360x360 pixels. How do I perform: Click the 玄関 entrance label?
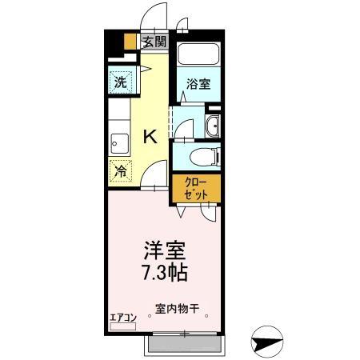pyautogui.click(x=154, y=42)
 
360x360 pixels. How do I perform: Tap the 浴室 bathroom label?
pyautogui.click(x=200, y=83)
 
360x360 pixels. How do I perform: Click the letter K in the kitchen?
pyautogui.click(x=149, y=137)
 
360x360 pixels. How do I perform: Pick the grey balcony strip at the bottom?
pyautogui.click(x=182, y=344)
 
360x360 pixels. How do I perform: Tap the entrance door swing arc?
pyautogui.click(x=151, y=18)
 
